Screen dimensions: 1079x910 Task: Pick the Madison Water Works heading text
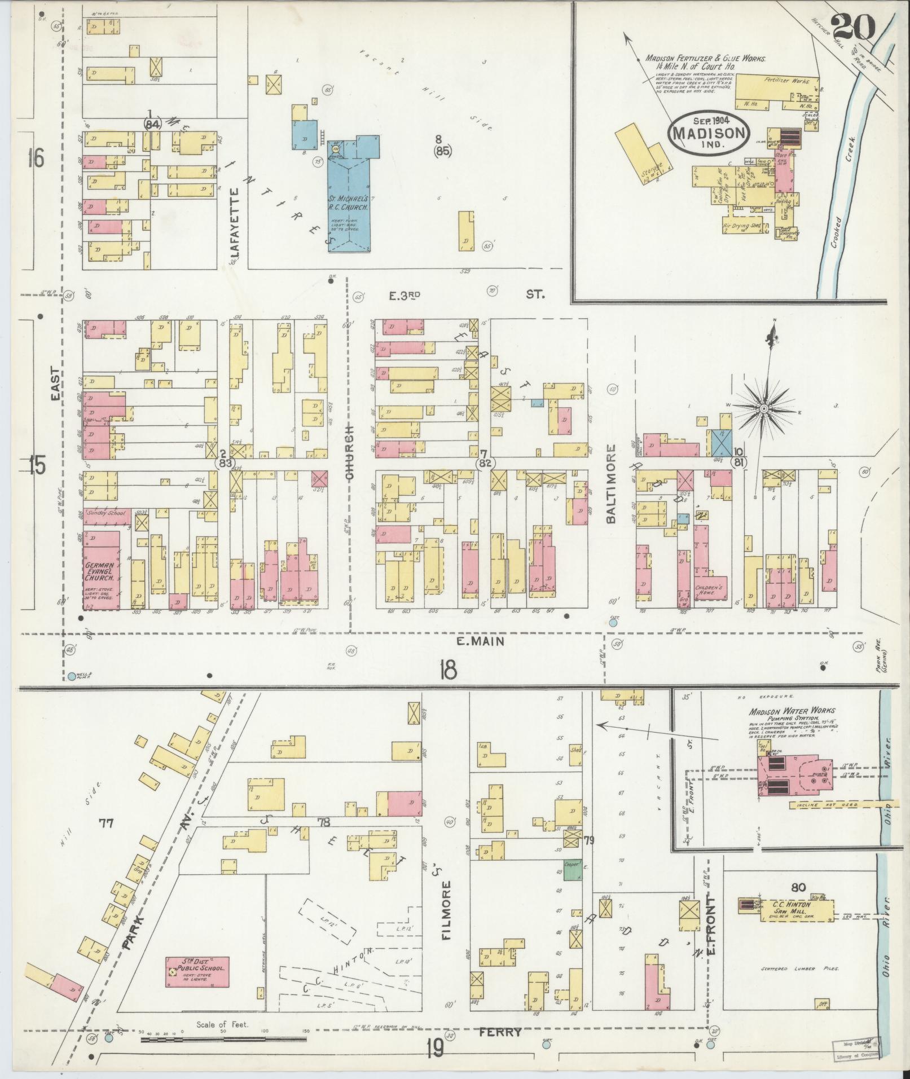point(792,711)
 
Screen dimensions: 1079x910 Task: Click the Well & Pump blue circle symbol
point(72,676)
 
